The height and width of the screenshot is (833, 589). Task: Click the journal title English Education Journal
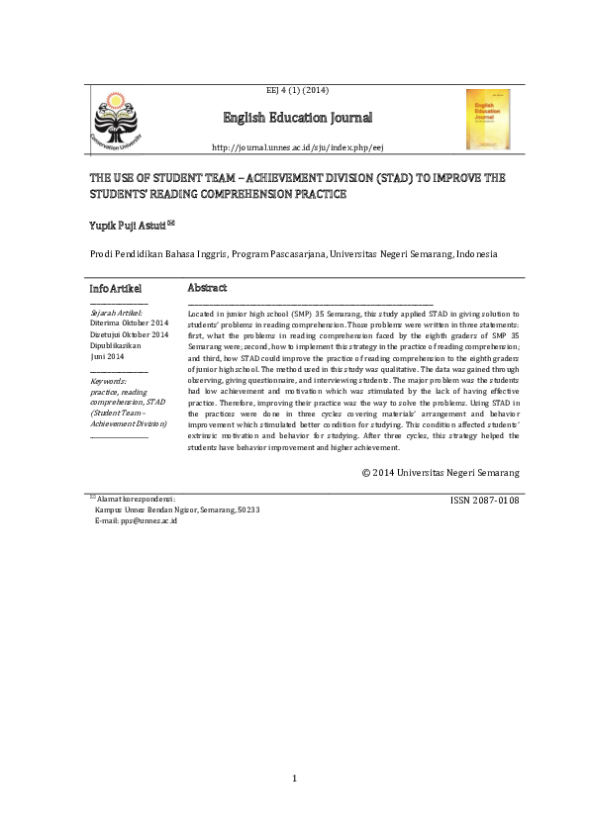[x=298, y=120]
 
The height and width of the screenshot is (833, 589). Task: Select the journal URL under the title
[x=298, y=147]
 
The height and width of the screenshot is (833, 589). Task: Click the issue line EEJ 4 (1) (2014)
[x=298, y=91]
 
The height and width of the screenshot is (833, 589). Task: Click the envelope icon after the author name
[x=171, y=223]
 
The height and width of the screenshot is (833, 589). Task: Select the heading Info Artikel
[x=116, y=288]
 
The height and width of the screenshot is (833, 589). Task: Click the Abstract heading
[x=207, y=288]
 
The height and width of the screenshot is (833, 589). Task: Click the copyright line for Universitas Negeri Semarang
[x=441, y=473]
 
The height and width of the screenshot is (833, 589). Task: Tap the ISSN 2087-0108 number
[x=484, y=501]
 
